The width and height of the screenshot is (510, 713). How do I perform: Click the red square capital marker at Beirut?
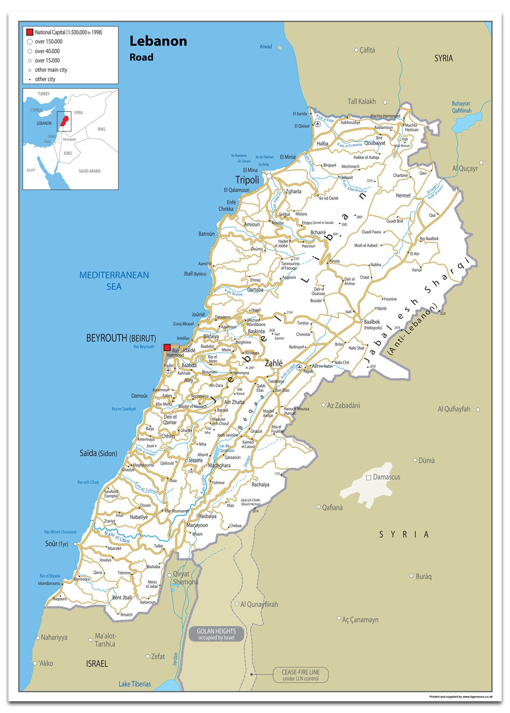click(167, 347)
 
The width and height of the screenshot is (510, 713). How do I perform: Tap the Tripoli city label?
click(247, 180)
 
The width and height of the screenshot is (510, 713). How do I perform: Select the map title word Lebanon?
click(158, 41)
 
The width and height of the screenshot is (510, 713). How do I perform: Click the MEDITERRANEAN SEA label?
click(114, 280)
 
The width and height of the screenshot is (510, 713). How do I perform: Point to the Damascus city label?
click(386, 477)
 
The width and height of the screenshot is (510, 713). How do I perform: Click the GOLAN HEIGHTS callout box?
click(216, 634)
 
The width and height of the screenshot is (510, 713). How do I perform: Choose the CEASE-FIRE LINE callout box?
click(300, 675)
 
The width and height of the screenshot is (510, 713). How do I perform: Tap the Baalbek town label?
click(372, 322)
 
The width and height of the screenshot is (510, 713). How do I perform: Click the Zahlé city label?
click(273, 363)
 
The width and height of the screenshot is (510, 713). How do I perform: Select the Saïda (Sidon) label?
click(98, 453)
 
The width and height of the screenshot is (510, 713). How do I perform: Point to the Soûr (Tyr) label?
click(56, 544)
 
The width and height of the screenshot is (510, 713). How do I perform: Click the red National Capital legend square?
click(29, 32)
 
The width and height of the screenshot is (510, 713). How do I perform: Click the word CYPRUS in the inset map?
click(37, 110)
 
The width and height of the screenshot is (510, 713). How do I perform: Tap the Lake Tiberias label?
click(134, 684)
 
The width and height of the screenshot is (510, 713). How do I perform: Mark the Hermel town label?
click(403, 196)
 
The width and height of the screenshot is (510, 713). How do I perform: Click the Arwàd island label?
click(266, 47)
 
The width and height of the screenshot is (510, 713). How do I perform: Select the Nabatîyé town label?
click(139, 517)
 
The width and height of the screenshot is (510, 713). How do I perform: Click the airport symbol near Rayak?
click(299, 368)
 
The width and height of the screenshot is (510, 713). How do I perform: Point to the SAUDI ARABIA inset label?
click(89, 171)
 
